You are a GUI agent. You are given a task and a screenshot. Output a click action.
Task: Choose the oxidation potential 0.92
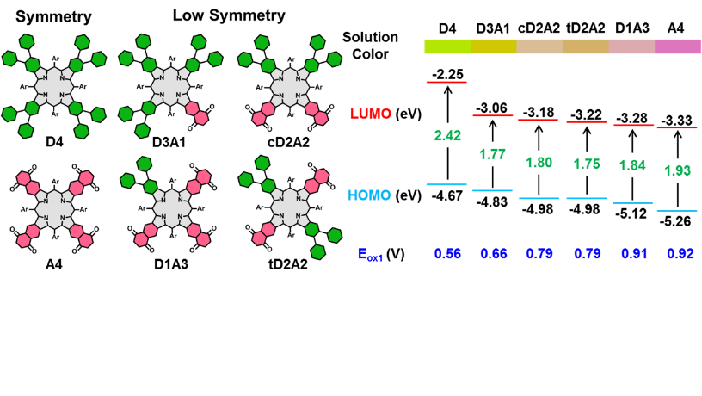[676, 255]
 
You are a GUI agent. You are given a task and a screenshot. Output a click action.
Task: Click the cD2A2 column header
[539, 29]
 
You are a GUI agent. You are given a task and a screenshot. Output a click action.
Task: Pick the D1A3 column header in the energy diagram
[631, 29]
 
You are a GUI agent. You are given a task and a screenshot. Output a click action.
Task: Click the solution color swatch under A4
[676, 48]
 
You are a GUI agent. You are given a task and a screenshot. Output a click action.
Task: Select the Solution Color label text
[371, 46]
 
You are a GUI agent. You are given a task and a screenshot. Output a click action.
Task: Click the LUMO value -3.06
[493, 108]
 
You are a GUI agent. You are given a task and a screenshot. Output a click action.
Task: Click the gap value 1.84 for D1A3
[631, 164]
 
